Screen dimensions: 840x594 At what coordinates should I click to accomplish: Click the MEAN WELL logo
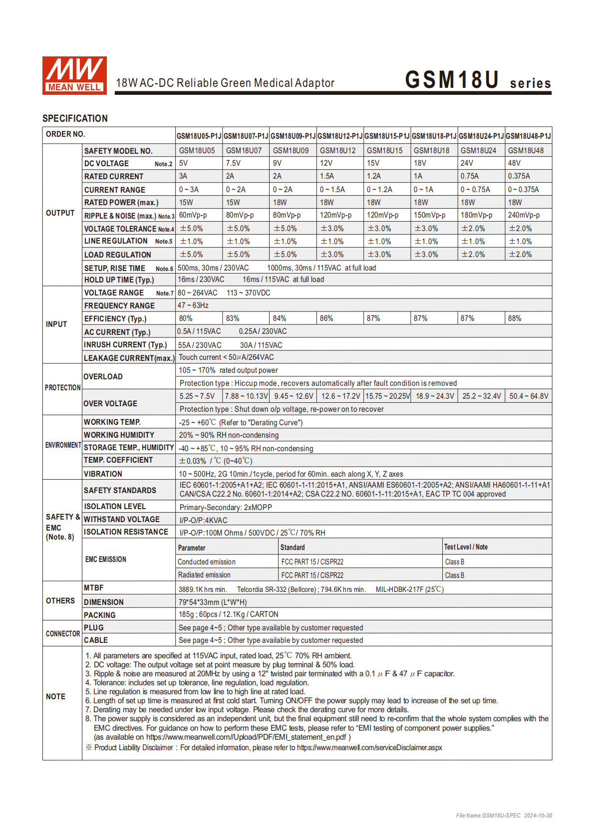74,75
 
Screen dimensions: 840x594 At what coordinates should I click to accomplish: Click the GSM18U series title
478,80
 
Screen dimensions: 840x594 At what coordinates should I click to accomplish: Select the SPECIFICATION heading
75,118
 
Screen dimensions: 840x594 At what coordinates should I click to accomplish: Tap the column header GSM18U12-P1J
340,136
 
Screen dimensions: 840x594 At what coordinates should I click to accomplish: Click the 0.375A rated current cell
519,176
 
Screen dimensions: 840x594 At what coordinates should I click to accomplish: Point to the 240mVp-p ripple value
524,215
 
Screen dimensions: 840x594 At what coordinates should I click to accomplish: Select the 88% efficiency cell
515,318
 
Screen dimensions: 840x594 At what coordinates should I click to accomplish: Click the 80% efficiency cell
186,318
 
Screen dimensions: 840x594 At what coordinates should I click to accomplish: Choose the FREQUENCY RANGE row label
119,305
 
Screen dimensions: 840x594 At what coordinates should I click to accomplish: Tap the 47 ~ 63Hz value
193,305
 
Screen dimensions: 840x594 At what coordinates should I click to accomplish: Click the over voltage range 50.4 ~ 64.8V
529,396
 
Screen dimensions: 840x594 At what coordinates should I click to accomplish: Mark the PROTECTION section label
62,388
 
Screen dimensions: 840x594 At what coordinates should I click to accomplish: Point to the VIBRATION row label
103,474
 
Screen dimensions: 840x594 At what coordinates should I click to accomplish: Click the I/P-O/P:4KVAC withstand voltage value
203,520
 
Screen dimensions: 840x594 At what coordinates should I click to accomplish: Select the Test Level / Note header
466,547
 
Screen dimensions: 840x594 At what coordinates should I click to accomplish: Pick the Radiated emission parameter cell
204,575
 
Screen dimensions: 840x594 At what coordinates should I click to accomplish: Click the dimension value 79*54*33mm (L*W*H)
213,602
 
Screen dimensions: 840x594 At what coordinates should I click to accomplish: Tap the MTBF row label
94,588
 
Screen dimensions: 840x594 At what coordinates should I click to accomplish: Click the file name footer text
504,816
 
